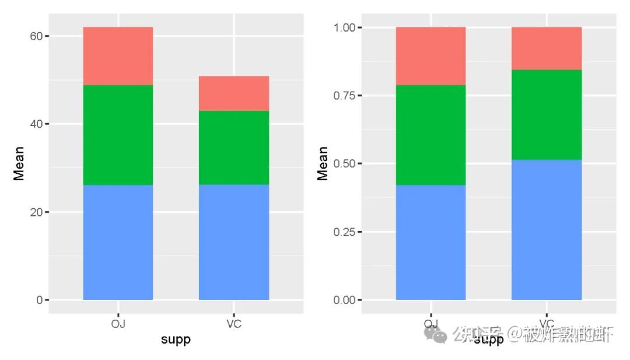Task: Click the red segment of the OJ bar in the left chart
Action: [x=118, y=56]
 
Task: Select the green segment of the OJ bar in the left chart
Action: [x=118, y=135]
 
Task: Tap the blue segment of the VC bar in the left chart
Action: [x=233, y=242]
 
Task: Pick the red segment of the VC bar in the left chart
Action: [x=233, y=93]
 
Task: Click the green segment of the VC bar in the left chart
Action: [x=233, y=148]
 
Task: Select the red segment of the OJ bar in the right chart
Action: [x=430, y=56]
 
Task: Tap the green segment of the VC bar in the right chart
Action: [x=546, y=115]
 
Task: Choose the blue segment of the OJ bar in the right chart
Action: [x=430, y=242]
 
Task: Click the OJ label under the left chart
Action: [x=118, y=324]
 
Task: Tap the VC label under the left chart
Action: [x=233, y=324]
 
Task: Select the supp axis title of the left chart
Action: [x=176, y=340]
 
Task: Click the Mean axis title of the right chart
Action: [x=323, y=163]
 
